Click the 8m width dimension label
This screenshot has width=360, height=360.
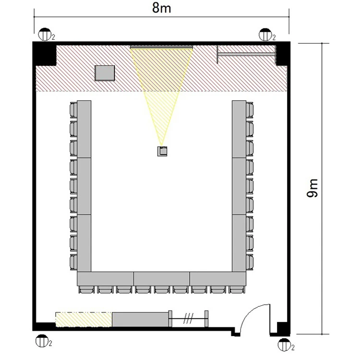pos(162,8)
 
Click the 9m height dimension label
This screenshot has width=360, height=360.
pos(312,188)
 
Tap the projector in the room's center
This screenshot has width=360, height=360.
pos(162,151)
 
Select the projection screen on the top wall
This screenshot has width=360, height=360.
pos(161,48)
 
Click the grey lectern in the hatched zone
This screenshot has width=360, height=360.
pos(105,73)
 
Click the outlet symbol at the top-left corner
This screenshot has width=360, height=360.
pos(44,35)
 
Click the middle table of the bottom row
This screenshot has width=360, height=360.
pos(162,279)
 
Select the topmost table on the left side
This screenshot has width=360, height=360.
pos(84,129)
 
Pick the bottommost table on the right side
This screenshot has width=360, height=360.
pos(239,243)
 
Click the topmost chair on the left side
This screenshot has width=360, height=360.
pos(73,110)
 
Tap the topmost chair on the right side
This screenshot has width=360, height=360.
pos(250,110)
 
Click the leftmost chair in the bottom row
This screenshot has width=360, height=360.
pos(86,289)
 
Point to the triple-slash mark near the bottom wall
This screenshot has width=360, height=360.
pos(188,318)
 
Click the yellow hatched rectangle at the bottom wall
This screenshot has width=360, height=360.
pos(84,319)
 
